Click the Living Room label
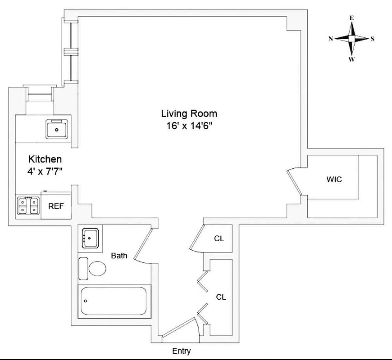189,113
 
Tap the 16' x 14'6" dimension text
189,126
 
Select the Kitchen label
45,159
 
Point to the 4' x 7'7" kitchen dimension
45,171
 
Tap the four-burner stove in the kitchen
28,206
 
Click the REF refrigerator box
56,207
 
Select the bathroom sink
92,237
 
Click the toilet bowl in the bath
97,269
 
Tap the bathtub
114,301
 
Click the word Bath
119,256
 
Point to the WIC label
334,179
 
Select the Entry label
182,351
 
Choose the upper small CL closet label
219,238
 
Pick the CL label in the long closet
221,297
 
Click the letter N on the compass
331,39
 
